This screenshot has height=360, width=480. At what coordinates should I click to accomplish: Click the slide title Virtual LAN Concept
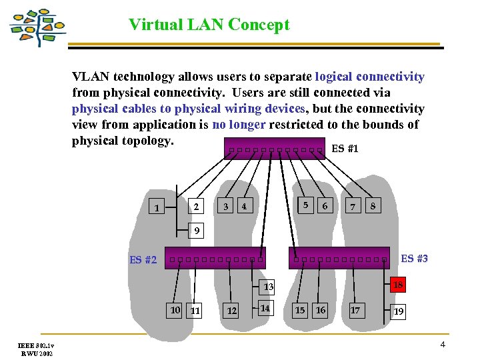209,25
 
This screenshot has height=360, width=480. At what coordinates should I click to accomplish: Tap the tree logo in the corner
38,27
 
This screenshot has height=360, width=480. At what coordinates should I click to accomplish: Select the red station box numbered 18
398,285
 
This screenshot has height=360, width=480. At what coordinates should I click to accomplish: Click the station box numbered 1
156,208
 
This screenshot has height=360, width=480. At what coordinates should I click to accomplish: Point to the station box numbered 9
196,231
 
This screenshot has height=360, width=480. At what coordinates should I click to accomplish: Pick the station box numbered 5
305,205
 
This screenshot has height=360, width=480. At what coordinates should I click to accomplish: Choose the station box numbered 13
268,287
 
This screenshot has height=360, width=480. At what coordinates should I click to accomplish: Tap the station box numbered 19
399,311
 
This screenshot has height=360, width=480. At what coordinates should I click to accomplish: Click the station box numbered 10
175,310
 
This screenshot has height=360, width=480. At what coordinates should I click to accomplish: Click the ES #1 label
345,149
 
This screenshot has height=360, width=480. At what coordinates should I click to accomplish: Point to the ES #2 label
143,260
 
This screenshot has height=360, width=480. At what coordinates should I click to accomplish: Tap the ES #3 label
414,259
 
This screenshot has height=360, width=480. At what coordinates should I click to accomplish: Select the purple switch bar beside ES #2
217,259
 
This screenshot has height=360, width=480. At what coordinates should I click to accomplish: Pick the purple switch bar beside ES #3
338,259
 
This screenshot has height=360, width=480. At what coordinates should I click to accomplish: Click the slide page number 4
442,345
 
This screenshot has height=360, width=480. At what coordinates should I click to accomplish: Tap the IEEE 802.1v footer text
37,345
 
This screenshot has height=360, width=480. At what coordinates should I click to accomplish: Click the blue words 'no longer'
237,125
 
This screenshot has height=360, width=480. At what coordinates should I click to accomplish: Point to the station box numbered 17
355,310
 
